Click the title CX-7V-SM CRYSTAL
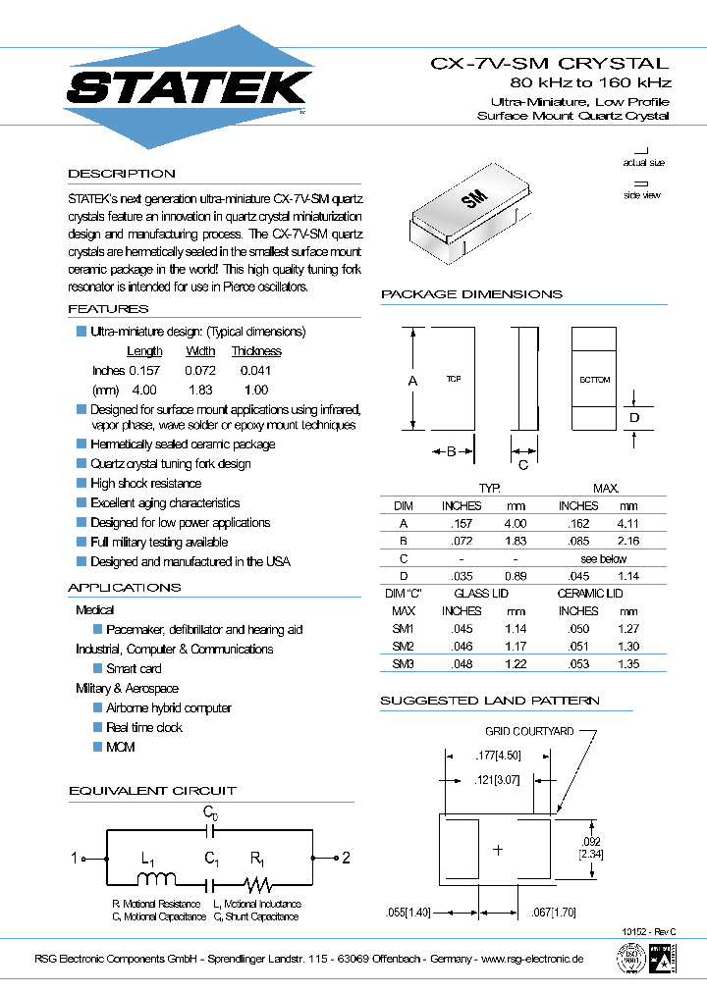[x=550, y=63]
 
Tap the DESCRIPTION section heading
[x=121, y=174]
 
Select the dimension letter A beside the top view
[x=412, y=380]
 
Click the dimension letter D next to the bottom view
[x=634, y=418]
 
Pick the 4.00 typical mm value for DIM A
[x=515, y=524]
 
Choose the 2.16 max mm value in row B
[x=627, y=542]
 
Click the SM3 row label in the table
[x=404, y=664]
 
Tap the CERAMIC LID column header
[x=589, y=594]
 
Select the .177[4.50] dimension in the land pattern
[x=498, y=755]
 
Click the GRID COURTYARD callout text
[x=528, y=732]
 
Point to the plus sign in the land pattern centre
[x=498, y=850]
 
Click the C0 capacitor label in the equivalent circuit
[x=210, y=812]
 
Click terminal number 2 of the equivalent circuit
[x=345, y=859]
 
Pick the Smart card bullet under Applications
[x=134, y=668]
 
